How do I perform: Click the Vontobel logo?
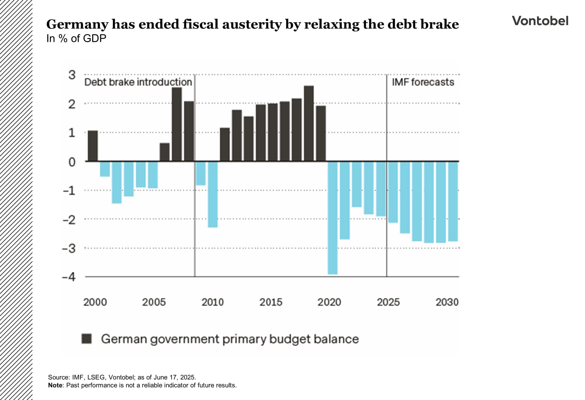click(540, 21)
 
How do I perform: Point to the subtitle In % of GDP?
click(76, 39)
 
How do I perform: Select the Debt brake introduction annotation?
click(138, 82)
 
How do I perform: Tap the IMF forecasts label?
click(423, 82)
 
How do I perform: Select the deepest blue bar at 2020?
click(333, 218)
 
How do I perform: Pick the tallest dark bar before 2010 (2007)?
click(177, 124)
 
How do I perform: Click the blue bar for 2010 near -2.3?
click(213, 194)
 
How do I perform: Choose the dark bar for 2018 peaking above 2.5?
click(309, 123)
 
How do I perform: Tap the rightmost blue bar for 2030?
click(453, 201)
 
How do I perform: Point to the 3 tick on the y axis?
click(72, 75)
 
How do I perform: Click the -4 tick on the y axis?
click(69, 277)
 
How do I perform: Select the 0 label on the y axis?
click(72, 162)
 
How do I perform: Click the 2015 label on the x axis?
click(271, 302)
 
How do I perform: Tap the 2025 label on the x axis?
click(388, 302)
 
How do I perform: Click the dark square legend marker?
click(87, 339)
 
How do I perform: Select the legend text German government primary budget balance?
click(230, 339)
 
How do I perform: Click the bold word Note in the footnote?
click(55, 385)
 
